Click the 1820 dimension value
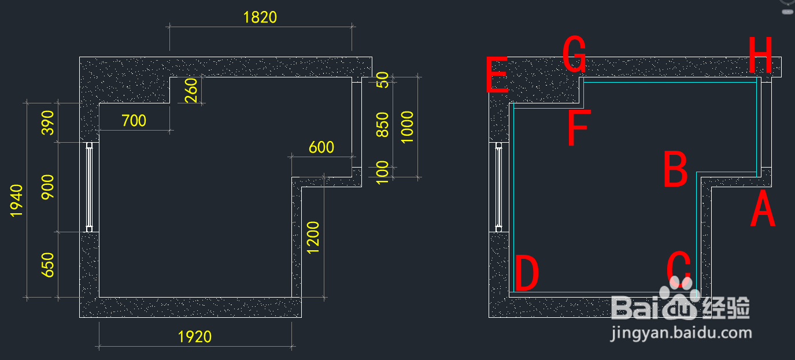tap(260, 17)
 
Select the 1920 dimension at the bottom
tap(194, 337)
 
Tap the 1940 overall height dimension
tap(16, 201)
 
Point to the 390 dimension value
tap(47, 123)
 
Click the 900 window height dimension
tap(47, 187)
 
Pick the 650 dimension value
tap(47, 265)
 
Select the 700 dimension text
tap(134, 121)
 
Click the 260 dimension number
tap(191, 91)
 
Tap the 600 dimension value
tap(321, 147)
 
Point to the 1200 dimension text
tap(313, 237)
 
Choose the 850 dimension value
tap(382, 124)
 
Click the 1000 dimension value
tap(407, 127)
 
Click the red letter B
tap(676, 169)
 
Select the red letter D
tap(527, 273)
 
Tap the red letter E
tap(497, 75)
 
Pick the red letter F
tap(579, 128)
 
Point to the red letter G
tap(574, 54)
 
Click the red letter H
tap(760, 55)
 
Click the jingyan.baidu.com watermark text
tap(681, 333)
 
